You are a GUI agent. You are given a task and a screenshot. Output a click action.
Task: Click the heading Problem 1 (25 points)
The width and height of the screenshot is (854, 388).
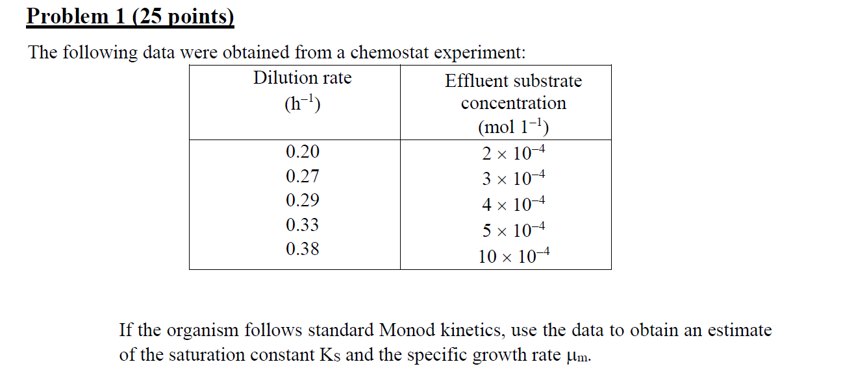point(130,16)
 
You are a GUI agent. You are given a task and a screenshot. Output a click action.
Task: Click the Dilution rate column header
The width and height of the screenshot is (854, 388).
point(302,79)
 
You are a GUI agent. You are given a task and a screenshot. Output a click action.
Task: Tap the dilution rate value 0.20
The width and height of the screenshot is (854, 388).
point(303,152)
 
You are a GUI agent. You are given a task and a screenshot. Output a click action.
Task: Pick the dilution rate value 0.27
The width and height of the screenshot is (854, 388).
point(303,176)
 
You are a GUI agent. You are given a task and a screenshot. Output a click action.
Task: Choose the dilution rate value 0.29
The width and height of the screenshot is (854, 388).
point(303,200)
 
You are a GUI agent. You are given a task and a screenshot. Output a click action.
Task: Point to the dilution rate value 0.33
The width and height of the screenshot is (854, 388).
point(303,225)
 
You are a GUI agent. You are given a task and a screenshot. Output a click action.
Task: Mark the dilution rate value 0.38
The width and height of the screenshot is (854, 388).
point(303,249)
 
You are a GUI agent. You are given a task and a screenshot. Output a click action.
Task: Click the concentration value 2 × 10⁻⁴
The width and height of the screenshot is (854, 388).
point(513,154)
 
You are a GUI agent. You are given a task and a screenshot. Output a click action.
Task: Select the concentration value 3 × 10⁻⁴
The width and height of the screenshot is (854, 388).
point(513,178)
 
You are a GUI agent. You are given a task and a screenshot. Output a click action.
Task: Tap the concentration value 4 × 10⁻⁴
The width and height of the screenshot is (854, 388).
point(513,205)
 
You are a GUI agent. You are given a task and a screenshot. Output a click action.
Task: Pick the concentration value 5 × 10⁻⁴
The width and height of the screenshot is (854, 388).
point(513,230)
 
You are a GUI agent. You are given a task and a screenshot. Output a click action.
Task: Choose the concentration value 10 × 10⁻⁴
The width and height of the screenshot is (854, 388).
point(513,257)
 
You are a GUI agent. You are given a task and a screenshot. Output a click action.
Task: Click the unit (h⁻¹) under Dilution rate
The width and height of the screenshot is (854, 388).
point(302,104)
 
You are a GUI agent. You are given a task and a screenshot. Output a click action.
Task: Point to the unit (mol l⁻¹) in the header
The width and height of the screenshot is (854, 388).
point(513,126)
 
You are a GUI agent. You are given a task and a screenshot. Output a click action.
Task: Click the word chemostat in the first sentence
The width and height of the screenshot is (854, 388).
point(390,53)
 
